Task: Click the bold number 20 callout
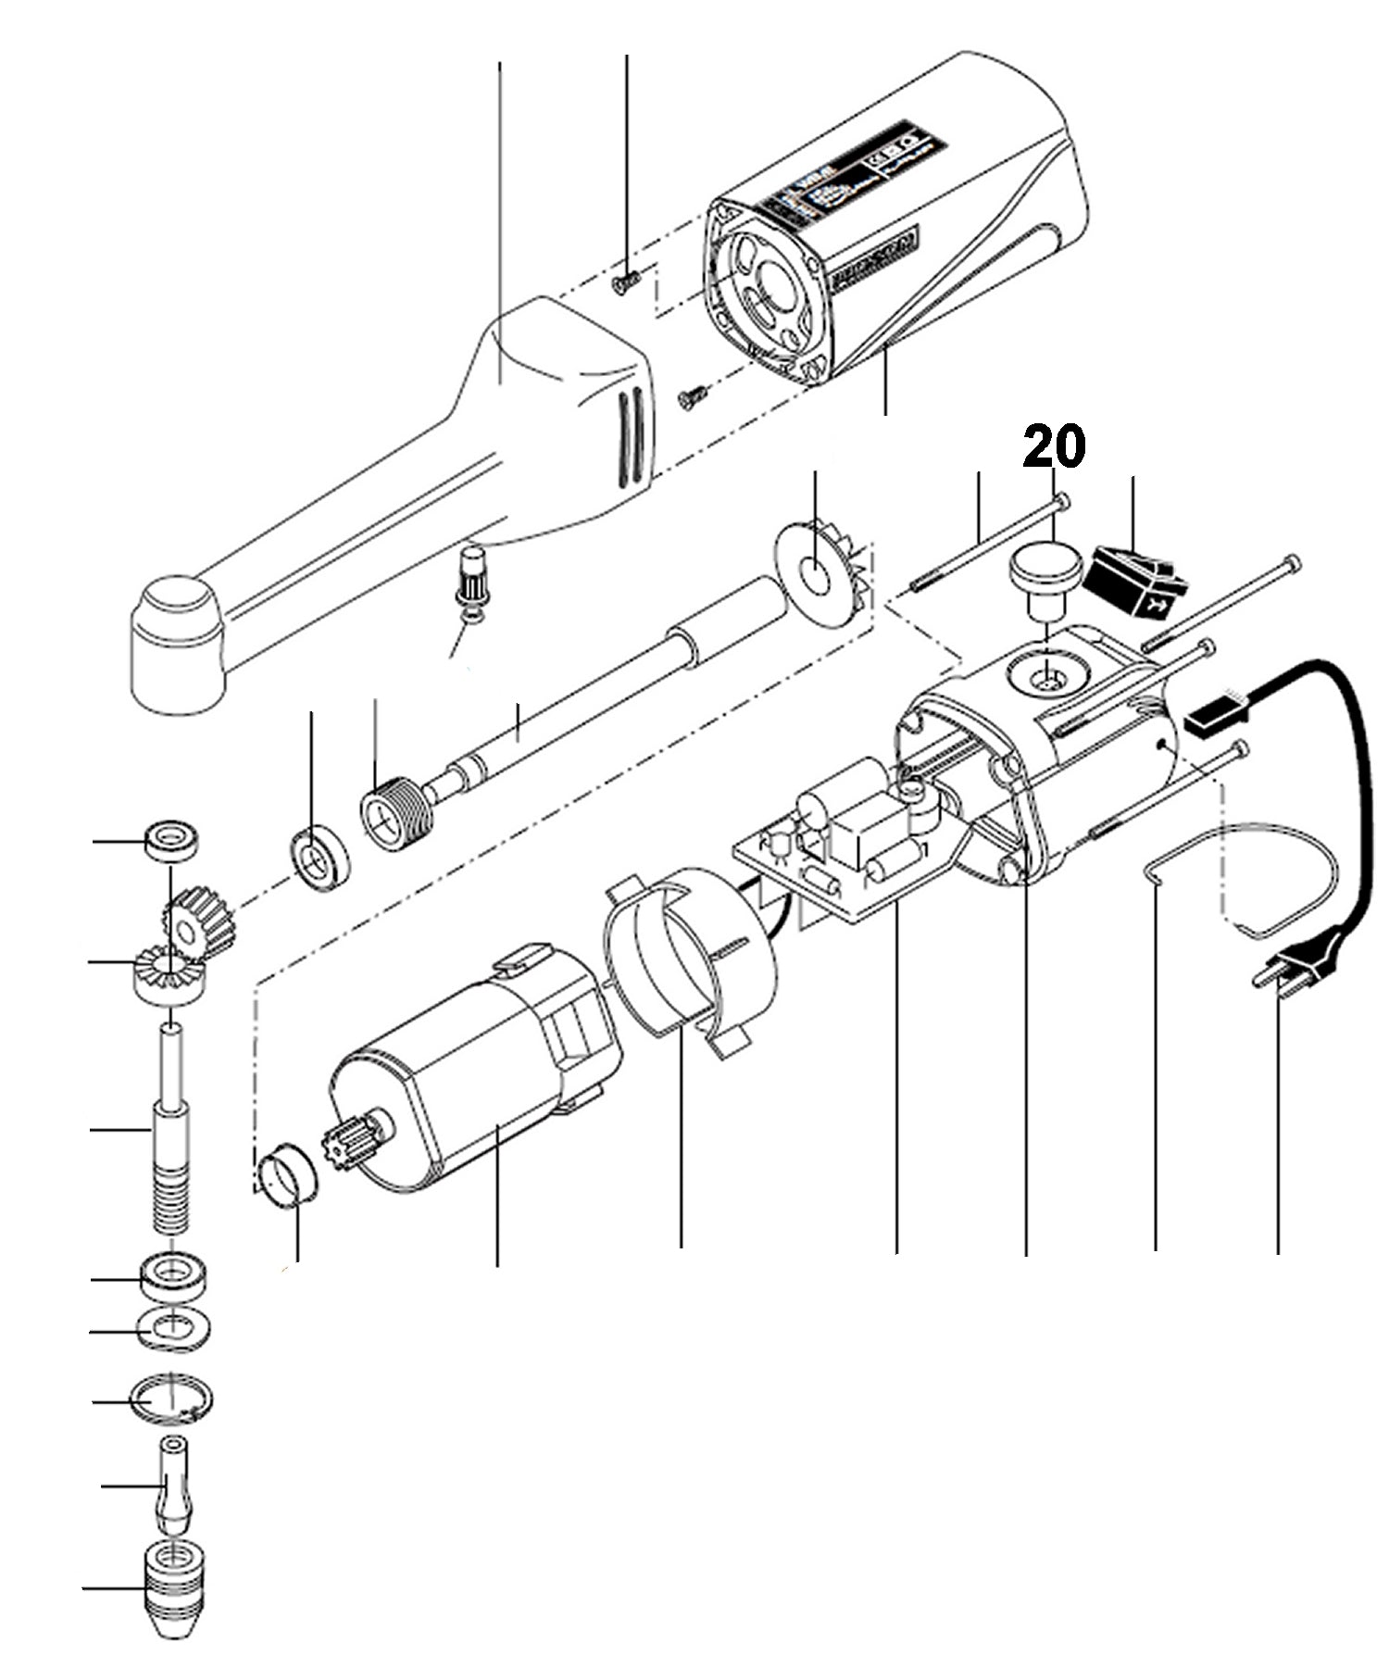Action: click(x=1053, y=447)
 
